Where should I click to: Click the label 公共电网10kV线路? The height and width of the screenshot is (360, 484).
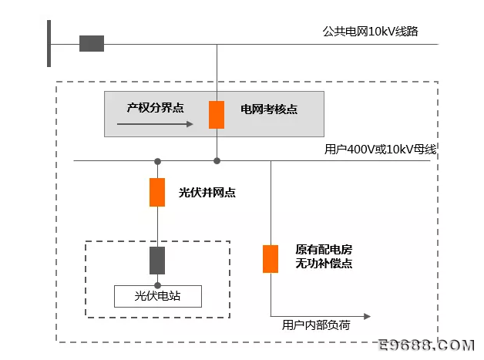[x=371, y=32]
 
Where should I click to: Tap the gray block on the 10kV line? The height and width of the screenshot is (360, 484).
[x=92, y=43]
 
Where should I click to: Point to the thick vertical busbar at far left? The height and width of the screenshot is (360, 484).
[x=49, y=43]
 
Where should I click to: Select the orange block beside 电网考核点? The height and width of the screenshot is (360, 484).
[x=217, y=115]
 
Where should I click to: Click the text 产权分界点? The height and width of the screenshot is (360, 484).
[x=155, y=108]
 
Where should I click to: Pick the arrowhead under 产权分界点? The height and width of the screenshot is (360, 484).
[x=190, y=124]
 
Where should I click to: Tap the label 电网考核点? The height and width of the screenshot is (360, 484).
[x=269, y=109]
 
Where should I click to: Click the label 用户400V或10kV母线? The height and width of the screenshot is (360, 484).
[x=380, y=150]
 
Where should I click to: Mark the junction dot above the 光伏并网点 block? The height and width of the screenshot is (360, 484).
[x=157, y=161]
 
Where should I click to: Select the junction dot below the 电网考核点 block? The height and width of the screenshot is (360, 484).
[x=217, y=161]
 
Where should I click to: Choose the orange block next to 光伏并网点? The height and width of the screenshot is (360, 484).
[x=157, y=193]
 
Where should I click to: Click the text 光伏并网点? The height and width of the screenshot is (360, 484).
[x=207, y=193]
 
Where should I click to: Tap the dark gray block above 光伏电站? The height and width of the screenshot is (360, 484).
[x=157, y=261]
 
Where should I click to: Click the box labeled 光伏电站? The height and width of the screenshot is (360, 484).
[x=158, y=296]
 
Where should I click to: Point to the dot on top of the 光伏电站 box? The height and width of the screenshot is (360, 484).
[x=157, y=285]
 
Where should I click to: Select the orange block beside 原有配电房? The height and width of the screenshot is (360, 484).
[x=271, y=259]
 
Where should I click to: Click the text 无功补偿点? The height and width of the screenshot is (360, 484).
[x=324, y=264]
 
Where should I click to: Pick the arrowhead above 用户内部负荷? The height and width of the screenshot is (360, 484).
[x=367, y=317]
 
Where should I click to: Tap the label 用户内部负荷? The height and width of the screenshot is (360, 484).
[x=316, y=325]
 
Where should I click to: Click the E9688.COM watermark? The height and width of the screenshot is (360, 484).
[x=426, y=345]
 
